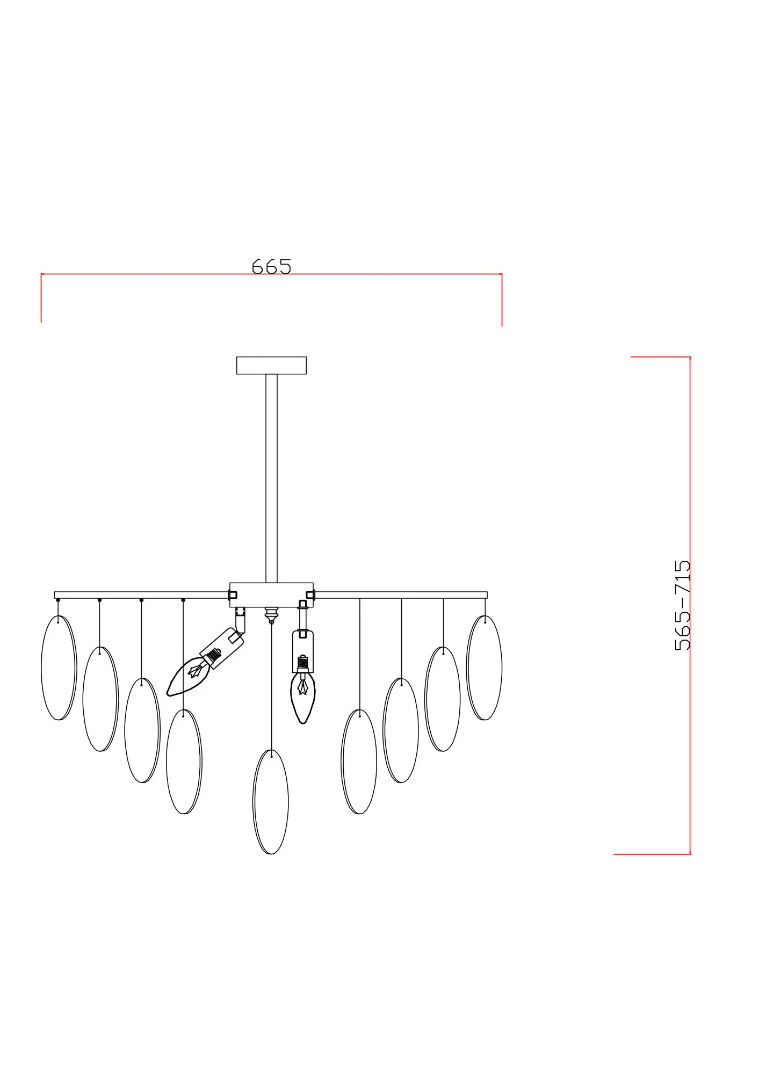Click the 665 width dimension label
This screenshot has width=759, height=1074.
click(x=271, y=266)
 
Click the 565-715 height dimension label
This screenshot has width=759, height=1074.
click(x=682, y=605)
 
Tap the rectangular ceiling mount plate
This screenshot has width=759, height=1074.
click(x=271, y=365)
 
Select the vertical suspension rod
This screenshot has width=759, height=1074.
click(x=271, y=478)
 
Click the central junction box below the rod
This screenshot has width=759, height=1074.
click(x=271, y=594)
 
